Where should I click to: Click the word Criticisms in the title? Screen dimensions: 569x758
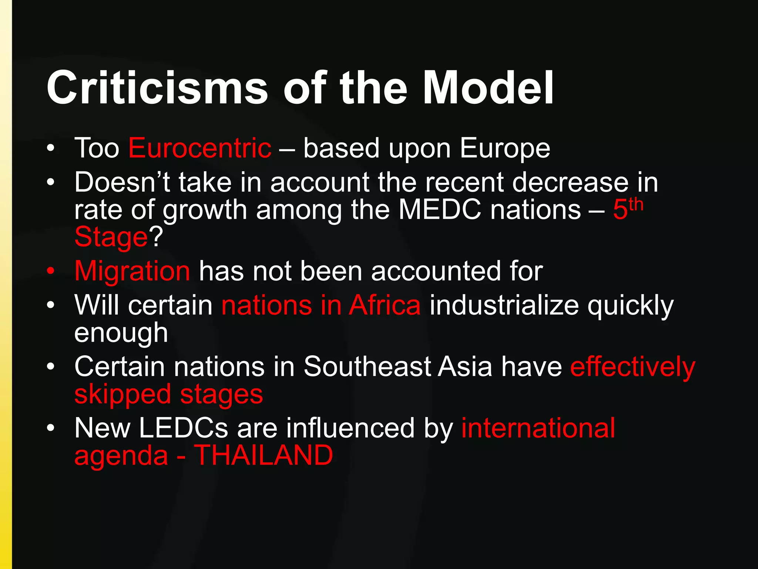pyautogui.click(x=157, y=88)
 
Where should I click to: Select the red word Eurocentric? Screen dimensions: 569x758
pyautogui.click(x=200, y=148)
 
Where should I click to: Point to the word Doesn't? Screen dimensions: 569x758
pyautogui.click(x=122, y=182)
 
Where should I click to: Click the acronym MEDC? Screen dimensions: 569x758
pyautogui.click(x=440, y=210)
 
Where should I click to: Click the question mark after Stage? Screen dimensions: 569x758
pyautogui.click(x=156, y=237)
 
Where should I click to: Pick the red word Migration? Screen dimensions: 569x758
pyautogui.click(x=132, y=272)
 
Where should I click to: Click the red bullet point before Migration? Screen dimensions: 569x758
pyautogui.click(x=51, y=271)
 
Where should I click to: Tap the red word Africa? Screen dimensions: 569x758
pyautogui.click(x=385, y=305)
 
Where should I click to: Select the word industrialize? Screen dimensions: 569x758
pyautogui.click(x=504, y=305)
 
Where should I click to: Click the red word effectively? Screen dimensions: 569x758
pyautogui.click(x=633, y=367)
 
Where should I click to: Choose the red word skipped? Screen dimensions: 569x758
pyautogui.click(x=123, y=395)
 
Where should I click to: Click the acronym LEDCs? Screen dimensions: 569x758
pyautogui.click(x=183, y=428)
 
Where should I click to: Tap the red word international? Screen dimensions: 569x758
pyautogui.click(x=538, y=428)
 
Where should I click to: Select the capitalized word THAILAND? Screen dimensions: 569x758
pyautogui.click(x=264, y=455)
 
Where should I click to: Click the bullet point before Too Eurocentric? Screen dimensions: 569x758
pyautogui.click(x=51, y=149)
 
